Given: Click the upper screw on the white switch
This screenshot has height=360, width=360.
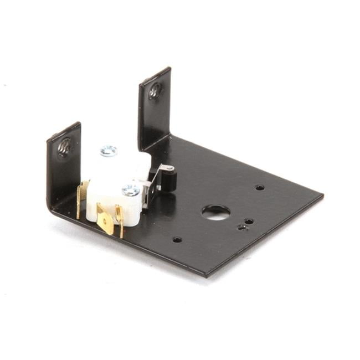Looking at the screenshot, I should [x=109, y=151].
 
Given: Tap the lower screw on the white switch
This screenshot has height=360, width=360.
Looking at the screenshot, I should [x=131, y=191].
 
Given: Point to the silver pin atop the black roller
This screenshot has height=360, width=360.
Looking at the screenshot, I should [x=169, y=168].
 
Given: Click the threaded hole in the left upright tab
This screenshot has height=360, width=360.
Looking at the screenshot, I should [x=65, y=146].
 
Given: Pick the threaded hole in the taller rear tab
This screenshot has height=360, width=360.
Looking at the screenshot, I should [x=155, y=91].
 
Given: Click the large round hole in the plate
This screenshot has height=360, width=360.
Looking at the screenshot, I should [x=215, y=212].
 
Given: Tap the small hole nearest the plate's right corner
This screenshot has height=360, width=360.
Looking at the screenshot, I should [x=259, y=187].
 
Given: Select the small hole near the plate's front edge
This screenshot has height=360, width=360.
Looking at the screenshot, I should [x=177, y=240].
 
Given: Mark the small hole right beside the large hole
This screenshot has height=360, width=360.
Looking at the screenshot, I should [x=249, y=221].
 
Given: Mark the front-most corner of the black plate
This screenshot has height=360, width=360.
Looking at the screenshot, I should [x=205, y=275].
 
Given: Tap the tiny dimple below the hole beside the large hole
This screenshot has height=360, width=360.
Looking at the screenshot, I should [x=241, y=227].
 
